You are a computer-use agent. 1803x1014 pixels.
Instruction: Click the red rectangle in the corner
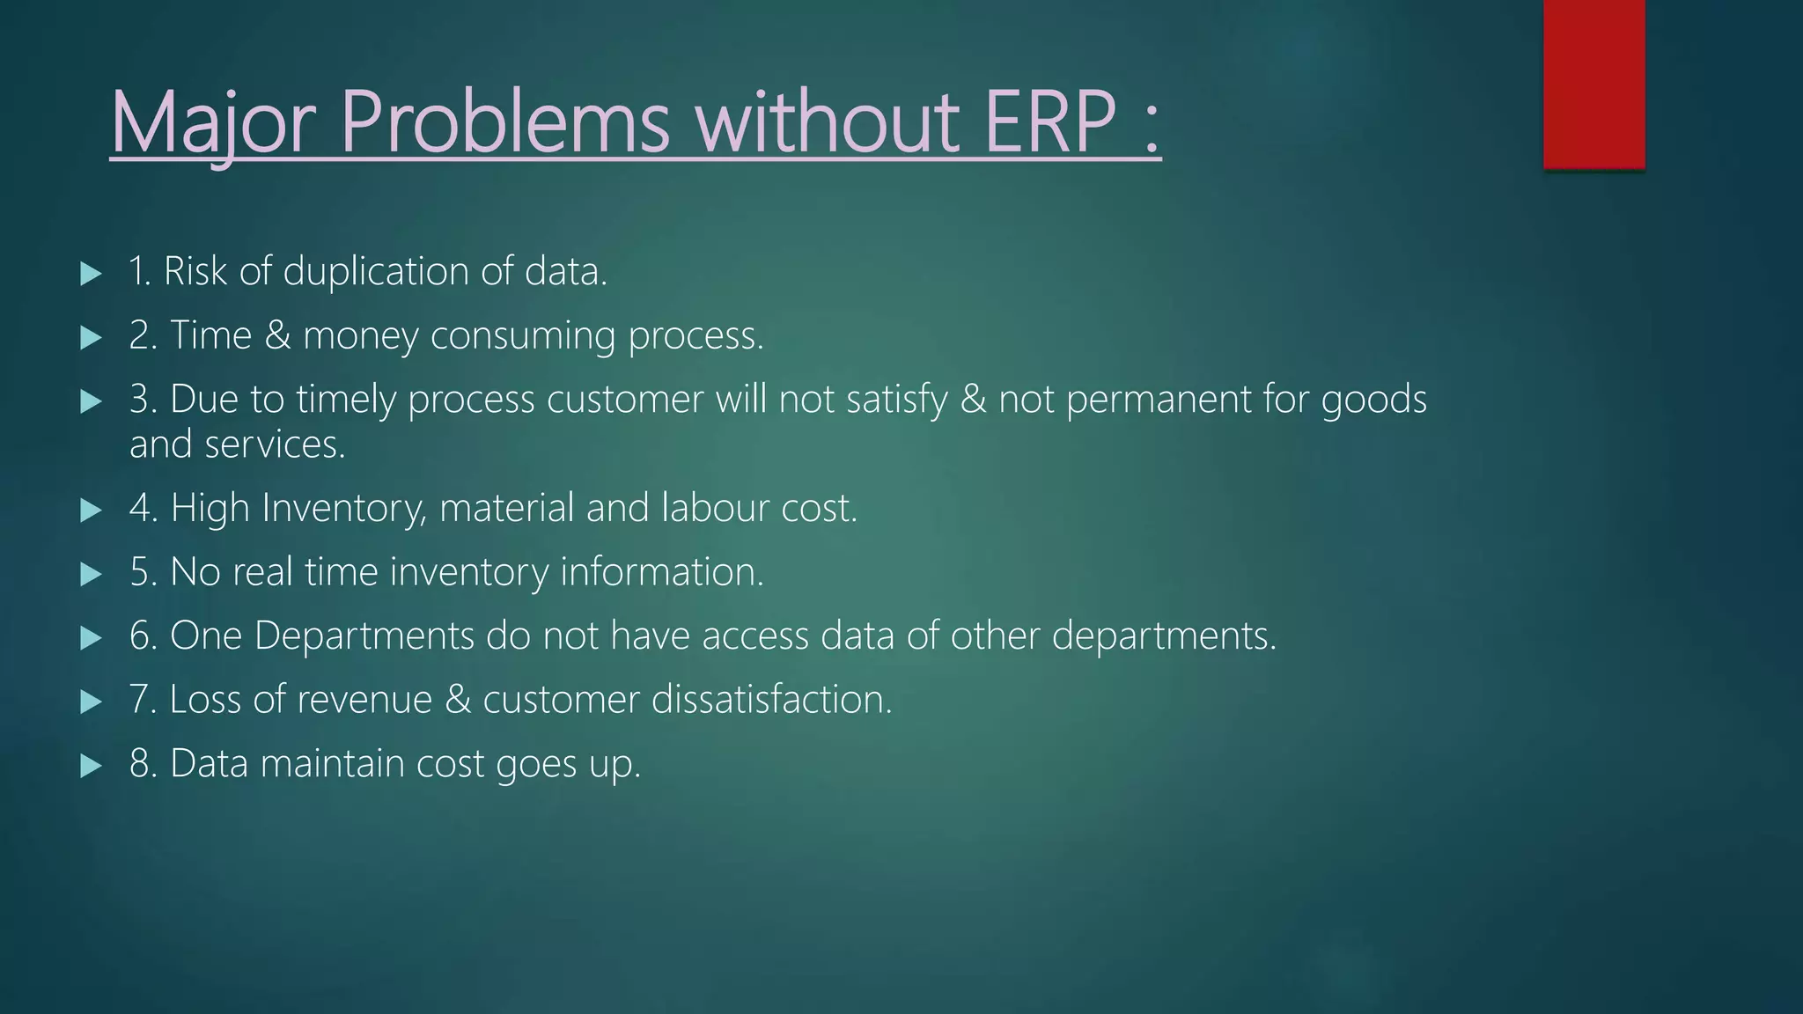[1593, 84]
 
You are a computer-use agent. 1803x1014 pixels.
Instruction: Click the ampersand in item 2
[277, 336]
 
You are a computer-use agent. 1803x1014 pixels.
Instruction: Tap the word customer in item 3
[625, 400]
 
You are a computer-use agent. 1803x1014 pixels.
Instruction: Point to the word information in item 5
[661, 572]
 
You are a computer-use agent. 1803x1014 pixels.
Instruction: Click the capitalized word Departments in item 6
[364, 636]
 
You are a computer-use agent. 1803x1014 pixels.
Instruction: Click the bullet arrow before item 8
[91, 766]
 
